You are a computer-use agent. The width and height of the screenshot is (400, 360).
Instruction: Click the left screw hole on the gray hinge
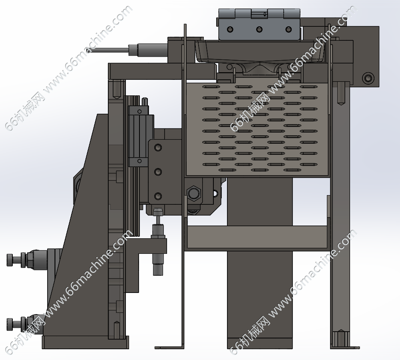tap(230, 29)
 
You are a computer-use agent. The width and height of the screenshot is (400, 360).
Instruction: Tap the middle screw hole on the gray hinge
tap(259, 29)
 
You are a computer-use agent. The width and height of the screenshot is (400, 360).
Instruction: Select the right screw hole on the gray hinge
tap(289, 29)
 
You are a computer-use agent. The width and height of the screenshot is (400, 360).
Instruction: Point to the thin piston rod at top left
tap(109, 50)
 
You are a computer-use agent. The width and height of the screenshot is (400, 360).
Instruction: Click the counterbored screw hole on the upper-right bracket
tap(368, 78)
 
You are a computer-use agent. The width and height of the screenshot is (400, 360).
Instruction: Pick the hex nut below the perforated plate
tap(194, 193)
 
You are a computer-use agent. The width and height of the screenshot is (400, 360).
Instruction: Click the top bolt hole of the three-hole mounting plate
tap(158, 148)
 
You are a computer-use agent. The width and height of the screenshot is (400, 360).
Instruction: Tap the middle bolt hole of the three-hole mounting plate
tap(158, 172)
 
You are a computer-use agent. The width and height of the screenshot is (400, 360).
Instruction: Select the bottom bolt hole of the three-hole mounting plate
tap(158, 196)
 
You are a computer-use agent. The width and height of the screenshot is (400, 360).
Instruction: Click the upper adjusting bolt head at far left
tap(10, 259)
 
